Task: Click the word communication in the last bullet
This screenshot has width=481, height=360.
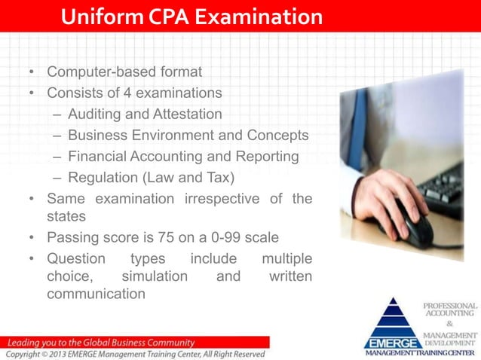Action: click(96, 294)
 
